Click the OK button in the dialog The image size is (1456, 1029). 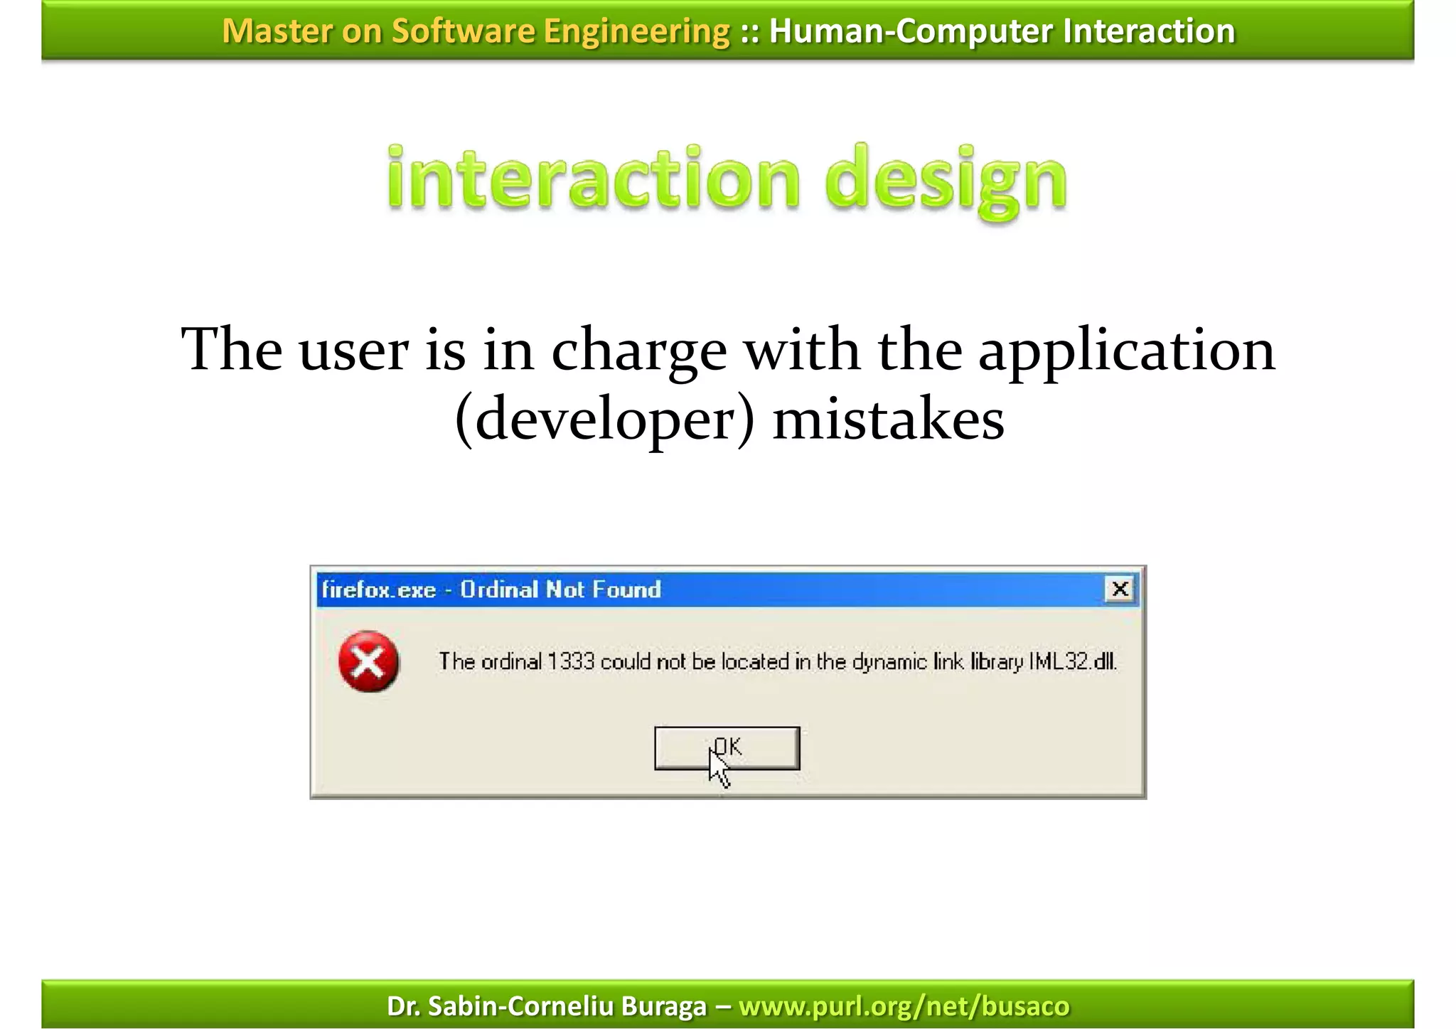click(727, 747)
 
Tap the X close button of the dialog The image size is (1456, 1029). click(1120, 589)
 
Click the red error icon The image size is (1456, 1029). click(368, 661)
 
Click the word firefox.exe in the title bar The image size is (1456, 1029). click(378, 590)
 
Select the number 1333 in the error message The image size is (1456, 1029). click(571, 662)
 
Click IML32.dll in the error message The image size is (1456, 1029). click(1073, 662)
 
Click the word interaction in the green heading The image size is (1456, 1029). click(594, 178)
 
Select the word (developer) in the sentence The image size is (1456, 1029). click(605, 420)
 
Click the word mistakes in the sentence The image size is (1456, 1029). click(888, 420)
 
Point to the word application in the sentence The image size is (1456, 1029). click(1127, 350)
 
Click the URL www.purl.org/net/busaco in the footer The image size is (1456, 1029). click(904, 1006)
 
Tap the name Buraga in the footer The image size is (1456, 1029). click(664, 1006)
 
